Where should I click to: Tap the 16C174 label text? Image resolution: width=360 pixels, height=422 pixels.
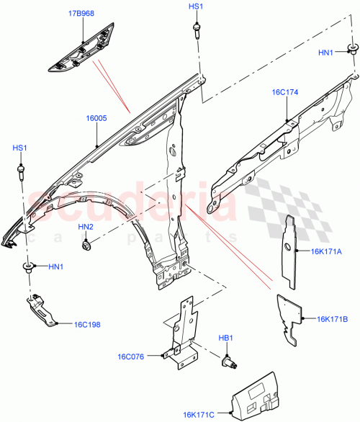click(287, 92)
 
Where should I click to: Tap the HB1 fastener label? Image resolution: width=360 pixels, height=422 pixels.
click(225, 337)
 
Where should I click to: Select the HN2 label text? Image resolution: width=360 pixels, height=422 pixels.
click(86, 228)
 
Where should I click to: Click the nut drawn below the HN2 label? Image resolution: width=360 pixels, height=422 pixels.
click(86, 246)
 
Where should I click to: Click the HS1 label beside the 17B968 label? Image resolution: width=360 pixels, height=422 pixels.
click(196, 6)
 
